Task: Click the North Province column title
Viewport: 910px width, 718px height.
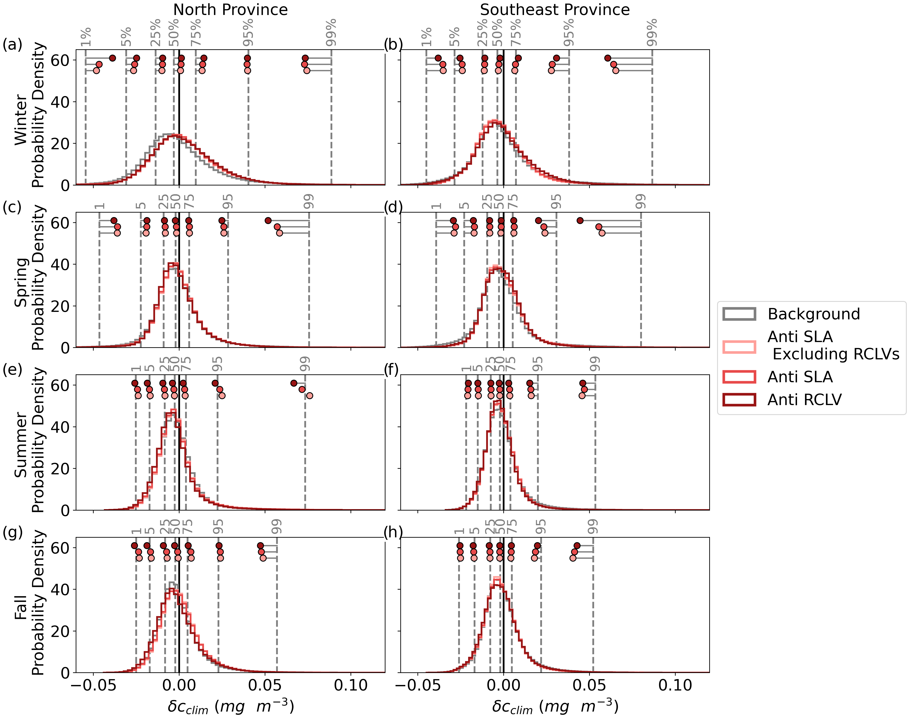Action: (230, 10)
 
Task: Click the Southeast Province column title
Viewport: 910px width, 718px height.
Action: (555, 10)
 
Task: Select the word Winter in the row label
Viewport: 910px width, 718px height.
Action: (21, 120)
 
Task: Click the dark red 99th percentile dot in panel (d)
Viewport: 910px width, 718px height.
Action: (580, 221)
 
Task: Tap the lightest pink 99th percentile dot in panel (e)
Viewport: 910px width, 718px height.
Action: (309, 396)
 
